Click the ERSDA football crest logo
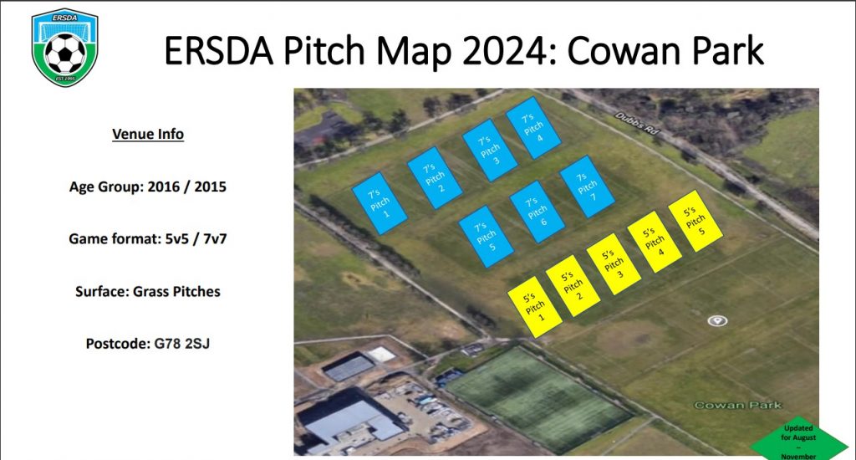point(65,47)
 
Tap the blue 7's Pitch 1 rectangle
point(380,203)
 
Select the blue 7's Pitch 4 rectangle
point(532,128)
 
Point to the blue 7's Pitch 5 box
point(486,236)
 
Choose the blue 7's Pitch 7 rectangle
point(587,187)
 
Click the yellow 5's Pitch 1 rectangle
point(534,306)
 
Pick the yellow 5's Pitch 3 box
point(614,263)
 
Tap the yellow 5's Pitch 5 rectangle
point(695,221)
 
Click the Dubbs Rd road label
point(637,123)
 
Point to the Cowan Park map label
point(737,405)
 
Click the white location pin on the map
point(716,320)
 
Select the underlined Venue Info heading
point(148,135)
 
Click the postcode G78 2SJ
point(181,344)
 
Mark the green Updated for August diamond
point(798,441)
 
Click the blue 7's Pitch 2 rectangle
point(435,177)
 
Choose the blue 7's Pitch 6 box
point(537,212)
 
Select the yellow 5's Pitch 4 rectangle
point(655,242)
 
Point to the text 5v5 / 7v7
point(196,239)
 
